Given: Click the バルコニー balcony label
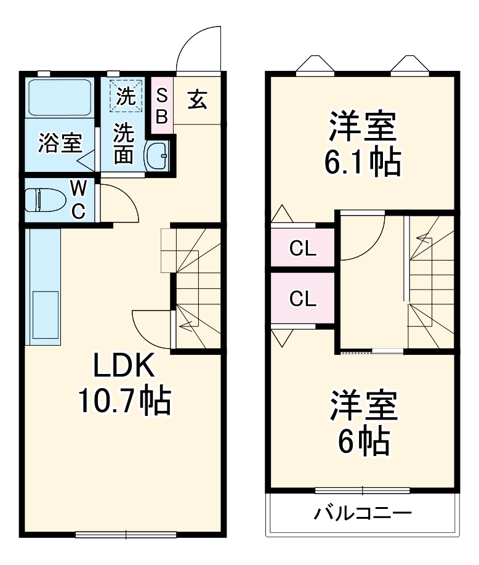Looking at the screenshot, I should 362,513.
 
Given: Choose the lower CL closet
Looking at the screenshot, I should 303,299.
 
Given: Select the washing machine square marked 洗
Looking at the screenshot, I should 126,96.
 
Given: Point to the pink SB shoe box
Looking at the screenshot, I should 161,107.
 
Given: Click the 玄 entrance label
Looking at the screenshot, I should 197,99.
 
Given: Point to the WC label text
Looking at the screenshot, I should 78,198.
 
